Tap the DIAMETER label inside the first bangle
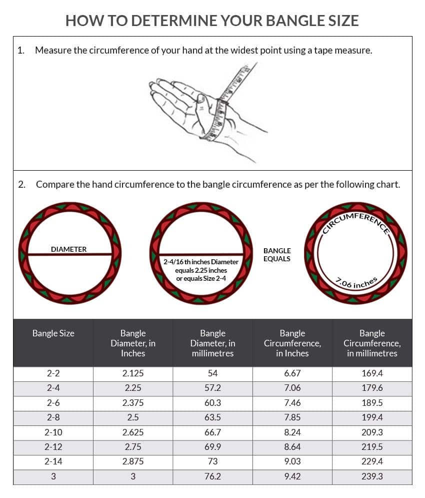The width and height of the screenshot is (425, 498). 68,249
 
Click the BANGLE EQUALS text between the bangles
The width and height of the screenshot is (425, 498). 277,255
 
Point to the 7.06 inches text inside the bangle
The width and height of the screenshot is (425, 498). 356,283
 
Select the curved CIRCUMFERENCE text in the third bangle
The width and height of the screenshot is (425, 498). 356,221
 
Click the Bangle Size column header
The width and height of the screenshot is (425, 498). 53,333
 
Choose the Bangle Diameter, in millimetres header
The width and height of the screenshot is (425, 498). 212,343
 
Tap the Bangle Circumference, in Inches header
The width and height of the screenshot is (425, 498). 292,343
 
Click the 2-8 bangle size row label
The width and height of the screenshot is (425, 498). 53,417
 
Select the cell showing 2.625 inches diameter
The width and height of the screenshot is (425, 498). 133,432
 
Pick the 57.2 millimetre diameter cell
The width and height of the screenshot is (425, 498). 212,388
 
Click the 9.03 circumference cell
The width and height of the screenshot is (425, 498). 292,461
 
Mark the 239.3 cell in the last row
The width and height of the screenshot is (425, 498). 372,476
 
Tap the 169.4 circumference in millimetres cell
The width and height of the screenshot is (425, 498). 372,373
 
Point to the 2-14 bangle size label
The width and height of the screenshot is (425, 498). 53,461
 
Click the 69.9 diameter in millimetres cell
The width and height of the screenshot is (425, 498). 212,447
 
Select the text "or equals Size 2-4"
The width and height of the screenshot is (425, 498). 201,279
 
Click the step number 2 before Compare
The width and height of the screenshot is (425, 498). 21,185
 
